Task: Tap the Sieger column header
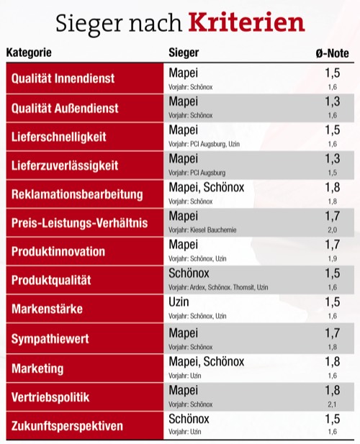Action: pyautogui.click(x=184, y=53)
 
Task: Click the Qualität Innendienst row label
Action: pyautogui.click(x=63, y=78)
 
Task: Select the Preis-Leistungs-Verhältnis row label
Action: pyautogui.click(x=79, y=223)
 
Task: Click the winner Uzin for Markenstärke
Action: pyautogui.click(x=179, y=304)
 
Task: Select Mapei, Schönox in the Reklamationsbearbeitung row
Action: pyautogui.click(x=206, y=188)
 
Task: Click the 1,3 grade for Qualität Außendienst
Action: pyautogui.click(x=331, y=101)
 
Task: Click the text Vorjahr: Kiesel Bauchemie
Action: pyautogui.click(x=202, y=230)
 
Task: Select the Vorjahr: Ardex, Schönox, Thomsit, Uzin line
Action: pyautogui.click(x=218, y=287)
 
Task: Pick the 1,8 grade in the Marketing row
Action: pyautogui.click(x=331, y=361)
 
